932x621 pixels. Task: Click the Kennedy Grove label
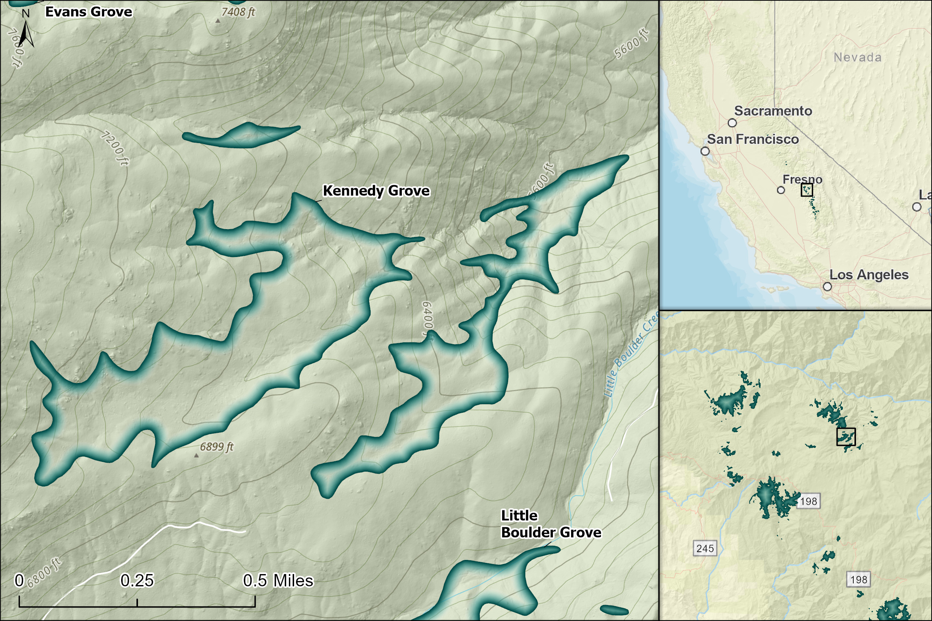(376, 191)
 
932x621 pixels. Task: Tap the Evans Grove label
(88, 12)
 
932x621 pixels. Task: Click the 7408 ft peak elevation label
(238, 12)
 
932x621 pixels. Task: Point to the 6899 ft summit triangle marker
(196, 456)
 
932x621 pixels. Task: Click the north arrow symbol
(26, 34)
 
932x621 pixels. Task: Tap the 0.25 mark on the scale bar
(137, 581)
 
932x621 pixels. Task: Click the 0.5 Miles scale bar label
(278, 581)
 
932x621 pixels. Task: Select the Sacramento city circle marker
(732, 123)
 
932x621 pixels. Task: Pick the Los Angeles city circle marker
(827, 286)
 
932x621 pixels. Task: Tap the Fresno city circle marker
(781, 190)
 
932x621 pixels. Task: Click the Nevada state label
(857, 57)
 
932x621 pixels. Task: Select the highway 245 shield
(705, 548)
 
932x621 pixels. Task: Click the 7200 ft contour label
(114, 148)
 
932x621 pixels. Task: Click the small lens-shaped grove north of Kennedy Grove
(242, 136)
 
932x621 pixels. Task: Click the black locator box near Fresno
(806, 190)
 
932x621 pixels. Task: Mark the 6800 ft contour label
(44, 573)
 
